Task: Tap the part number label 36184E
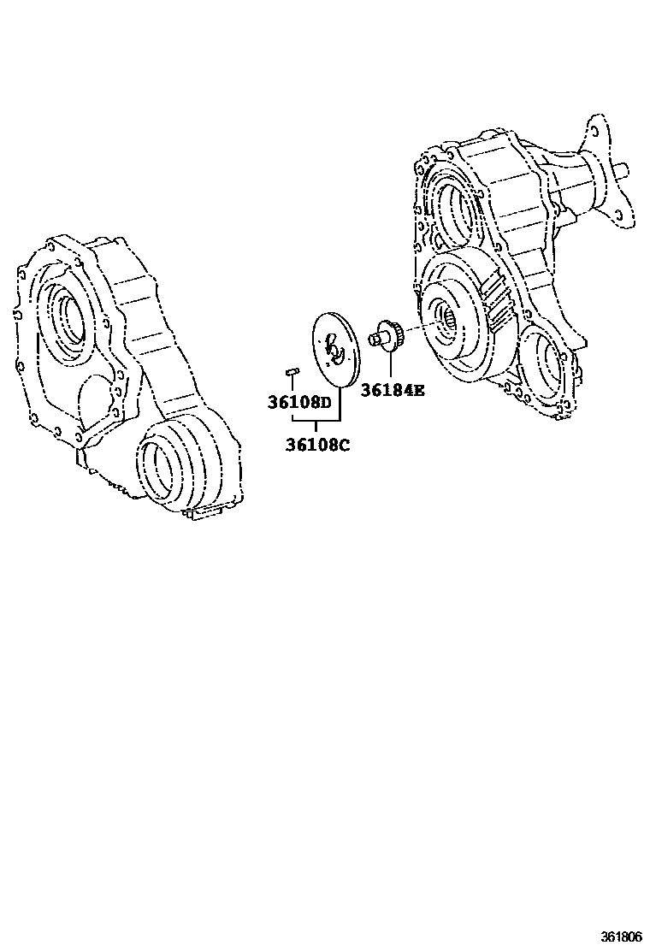[x=392, y=391]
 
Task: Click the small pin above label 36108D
[x=290, y=370]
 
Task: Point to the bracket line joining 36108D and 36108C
[x=316, y=422]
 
